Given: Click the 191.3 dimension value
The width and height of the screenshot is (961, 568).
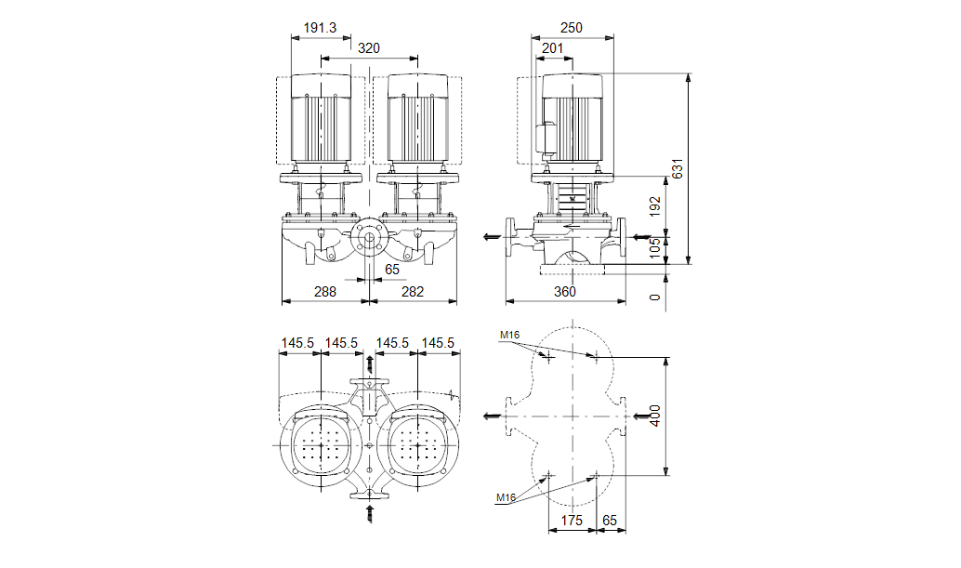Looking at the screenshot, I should tap(320, 28).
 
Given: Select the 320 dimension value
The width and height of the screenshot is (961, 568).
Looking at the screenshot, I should tap(369, 48).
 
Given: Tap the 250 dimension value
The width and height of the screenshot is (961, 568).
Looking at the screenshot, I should tap(571, 28).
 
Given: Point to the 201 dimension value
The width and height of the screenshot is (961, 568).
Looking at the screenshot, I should tap(552, 48).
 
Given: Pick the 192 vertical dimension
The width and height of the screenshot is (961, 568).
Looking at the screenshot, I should tap(655, 205).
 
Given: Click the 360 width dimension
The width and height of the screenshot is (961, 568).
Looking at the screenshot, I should tap(565, 292).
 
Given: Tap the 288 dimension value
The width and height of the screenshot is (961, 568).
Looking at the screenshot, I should tap(324, 292).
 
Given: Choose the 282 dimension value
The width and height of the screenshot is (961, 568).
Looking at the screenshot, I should tap(412, 292).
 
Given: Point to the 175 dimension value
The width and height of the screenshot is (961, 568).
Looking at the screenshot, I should tap(572, 521).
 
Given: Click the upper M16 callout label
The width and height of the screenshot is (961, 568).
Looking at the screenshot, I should tap(508, 335).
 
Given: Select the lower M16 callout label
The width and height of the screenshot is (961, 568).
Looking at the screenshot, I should tap(506, 498).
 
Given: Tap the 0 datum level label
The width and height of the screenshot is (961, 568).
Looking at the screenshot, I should tap(655, 297).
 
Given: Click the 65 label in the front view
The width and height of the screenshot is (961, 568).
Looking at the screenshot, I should tap(392, 269).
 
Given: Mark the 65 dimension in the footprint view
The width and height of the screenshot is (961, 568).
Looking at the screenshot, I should tap(610, 521).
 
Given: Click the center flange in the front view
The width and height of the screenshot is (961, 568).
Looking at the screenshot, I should tap(369, 238).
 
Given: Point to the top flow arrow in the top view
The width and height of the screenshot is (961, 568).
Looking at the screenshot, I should tap(370, 362).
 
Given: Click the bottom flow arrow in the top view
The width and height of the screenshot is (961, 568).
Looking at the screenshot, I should tap(370, 511).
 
